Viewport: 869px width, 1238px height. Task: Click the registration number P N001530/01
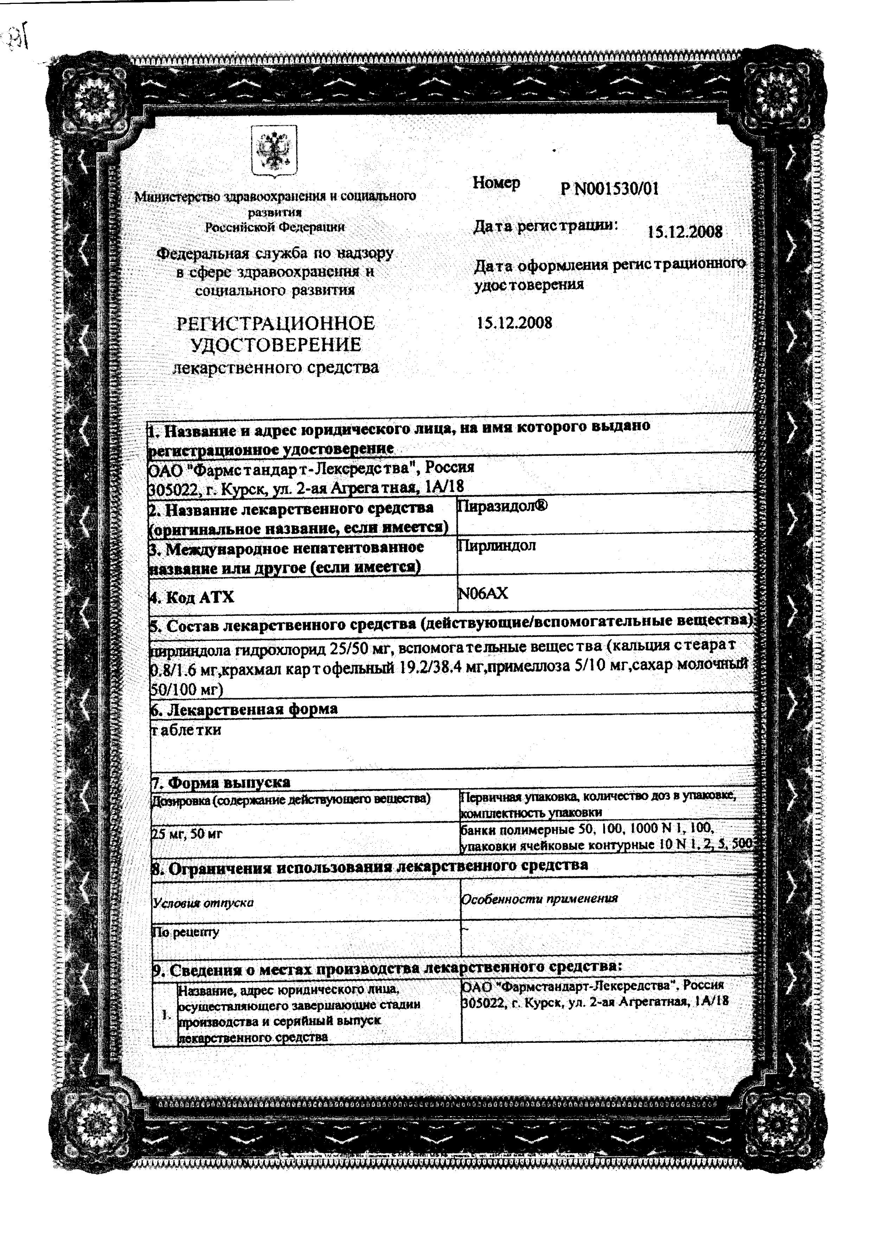coord(609,189)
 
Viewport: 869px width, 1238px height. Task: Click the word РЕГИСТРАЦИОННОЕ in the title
coord(276,324)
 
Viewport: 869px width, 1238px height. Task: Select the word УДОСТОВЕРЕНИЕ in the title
coord(276,345)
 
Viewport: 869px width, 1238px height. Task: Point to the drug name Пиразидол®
coord(502,506)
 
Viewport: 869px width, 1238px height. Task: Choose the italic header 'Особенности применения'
coord(539,898)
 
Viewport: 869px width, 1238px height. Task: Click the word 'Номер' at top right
coord(496,183)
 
